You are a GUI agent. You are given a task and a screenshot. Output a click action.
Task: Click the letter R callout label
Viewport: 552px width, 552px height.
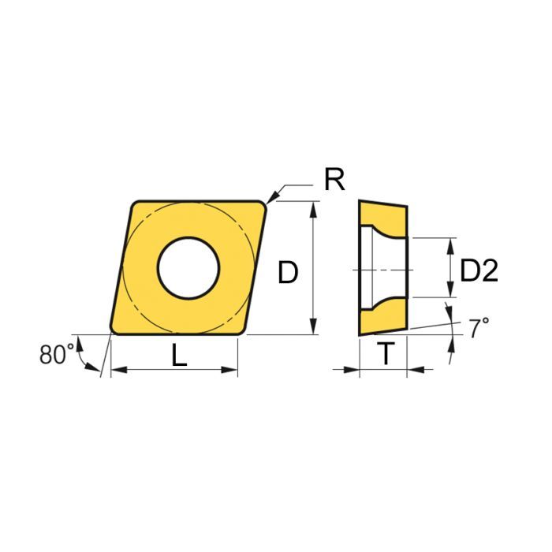coord(334,181)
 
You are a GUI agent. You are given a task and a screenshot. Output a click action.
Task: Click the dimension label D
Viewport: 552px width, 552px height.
coord(289,273)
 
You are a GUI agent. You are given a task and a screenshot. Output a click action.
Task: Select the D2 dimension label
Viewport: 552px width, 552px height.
coord(479,272)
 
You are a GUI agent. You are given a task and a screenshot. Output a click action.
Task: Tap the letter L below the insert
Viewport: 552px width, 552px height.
coord(180,356)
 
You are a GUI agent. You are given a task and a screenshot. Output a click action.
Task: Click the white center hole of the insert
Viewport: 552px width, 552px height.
coord(188,267)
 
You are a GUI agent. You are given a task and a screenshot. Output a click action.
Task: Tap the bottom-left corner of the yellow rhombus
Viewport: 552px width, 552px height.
coord(113,330)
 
